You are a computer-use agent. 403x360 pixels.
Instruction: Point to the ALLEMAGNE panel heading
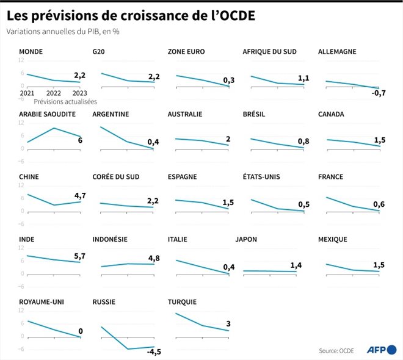(337, 52)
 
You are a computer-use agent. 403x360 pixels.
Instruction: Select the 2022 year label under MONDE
(54, 93)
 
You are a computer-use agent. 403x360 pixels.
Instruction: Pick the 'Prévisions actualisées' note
(65, 102)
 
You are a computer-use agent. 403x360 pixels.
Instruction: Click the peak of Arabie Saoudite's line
(54, 128)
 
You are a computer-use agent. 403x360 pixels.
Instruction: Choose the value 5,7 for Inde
(79, 256)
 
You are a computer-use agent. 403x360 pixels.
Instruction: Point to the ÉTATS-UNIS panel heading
(263, 177)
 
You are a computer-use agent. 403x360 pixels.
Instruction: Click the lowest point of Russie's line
(128, 349)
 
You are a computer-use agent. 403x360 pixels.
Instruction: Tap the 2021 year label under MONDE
(27, 93)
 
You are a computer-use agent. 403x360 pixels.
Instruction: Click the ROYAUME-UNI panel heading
(42, 301)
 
